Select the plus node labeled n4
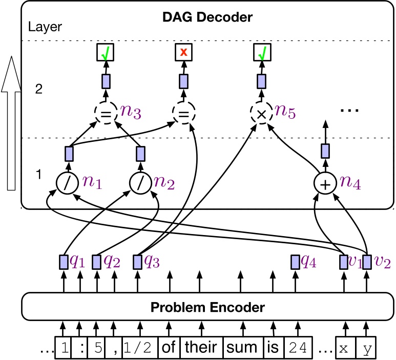[325, 183]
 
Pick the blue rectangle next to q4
[295, 262]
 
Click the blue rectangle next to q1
[64, 262]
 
